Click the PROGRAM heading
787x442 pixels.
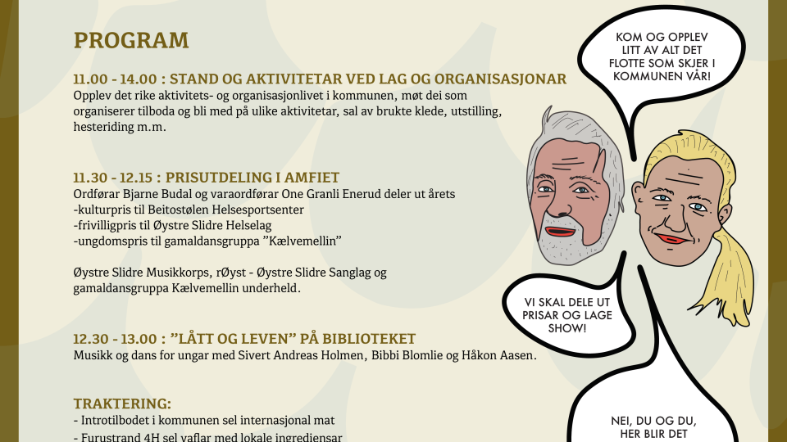(x=131, y=41)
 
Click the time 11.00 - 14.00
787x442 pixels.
(x=115, y=79)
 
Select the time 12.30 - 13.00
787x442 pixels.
(x=115, y=339)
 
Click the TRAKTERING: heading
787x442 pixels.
(x=122, y=404)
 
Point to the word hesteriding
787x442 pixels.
(x=103, y=127)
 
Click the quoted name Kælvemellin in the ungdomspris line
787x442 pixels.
(x=305, y=241)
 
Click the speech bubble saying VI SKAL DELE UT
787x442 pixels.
(x=568, y=315)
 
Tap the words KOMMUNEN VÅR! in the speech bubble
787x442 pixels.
(x=662, y=77)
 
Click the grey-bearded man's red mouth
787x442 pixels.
(x=561, y=232)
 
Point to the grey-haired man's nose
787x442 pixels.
(x=561, y=202)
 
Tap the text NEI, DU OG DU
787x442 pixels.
(x=653, y=422)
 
